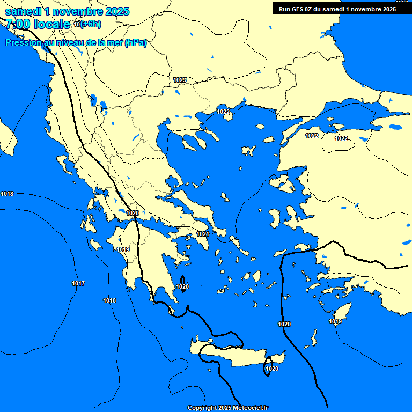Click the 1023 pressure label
pyautogui.click(x=180, y=80)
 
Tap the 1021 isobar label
pyautogui.click(x=203, y=234)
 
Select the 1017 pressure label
pyautogui.click(x=78, y=283)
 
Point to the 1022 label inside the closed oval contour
pyautogui.click(x=341, y=138)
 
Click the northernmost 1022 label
pyautogui.click(x=223, y=112)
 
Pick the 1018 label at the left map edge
pyautogui.click(x=8, y=194)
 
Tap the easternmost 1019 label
pyautogui.click(x=335, y=321)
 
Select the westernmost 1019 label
pyautogui.click(x=123, y=249)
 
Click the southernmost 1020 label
pyautogui.click(x=272, y=369)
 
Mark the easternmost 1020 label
pyautogui.click(x=284, y=324)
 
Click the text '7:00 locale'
pyautogui.click(x=38, y=24)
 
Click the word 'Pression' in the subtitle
pyautogui.click(x=24, y=43)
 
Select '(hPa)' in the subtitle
pyautogui.click(x=135, y=43)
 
